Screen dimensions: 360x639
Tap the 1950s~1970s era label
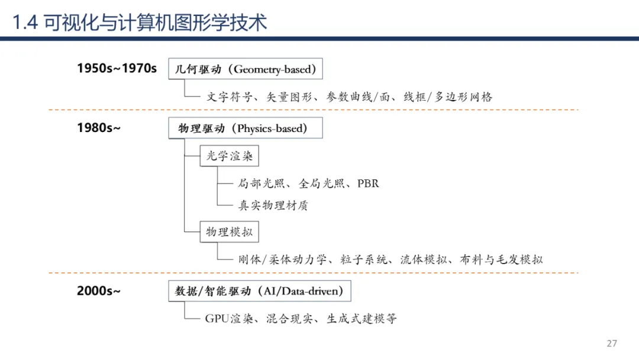pos(117,69)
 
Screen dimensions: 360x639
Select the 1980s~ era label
pos(98,127)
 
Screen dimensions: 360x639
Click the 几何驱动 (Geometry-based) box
pos(246,69)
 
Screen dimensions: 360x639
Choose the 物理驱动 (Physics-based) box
pos(246,128)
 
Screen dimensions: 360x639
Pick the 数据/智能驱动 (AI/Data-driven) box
pos(259,291)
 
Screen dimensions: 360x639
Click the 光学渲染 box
pos(229,156)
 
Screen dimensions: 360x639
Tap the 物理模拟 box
pos(229,232)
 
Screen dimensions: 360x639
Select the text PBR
pos(368,184)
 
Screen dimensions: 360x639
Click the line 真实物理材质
pos(273,205)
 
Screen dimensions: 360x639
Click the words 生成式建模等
pos(362,319)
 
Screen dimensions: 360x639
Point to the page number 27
pos(612,343)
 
